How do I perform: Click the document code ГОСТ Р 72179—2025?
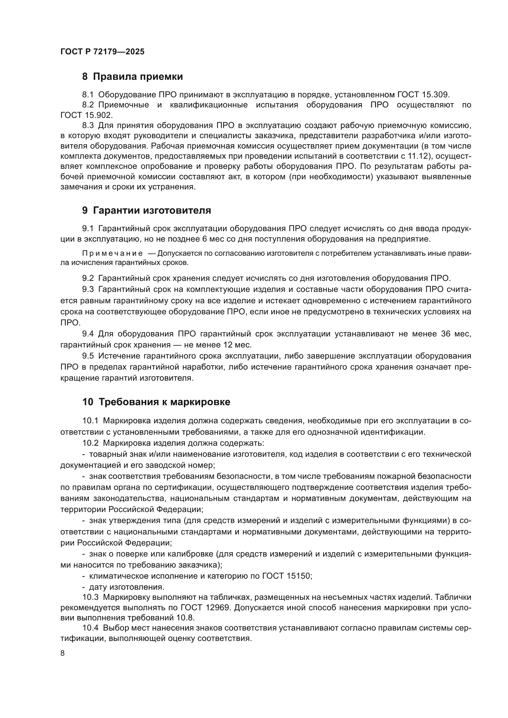tap(102, 52)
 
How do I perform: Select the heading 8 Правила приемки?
tap(132, 77)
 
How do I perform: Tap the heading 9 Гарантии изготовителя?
tap(147, 211)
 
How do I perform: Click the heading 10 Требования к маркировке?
tap(156, 402)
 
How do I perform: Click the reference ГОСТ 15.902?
tap(86, 115)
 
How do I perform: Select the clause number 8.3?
tap(88, 126)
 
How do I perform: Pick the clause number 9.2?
tap(88, 278)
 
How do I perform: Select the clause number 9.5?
tap(88, 356)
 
